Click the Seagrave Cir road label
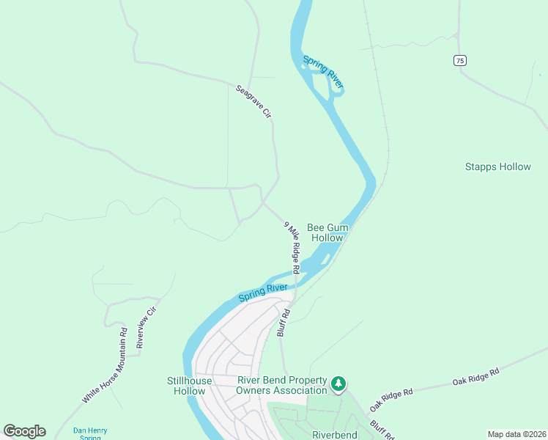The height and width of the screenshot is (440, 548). coord(253,102)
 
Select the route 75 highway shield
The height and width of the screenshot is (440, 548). coord(459,61)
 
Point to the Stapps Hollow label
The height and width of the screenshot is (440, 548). coord(497,166)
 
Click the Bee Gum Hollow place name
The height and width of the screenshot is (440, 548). coord(327,232)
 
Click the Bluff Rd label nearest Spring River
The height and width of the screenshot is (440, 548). coord(284,323)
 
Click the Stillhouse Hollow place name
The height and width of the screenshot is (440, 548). coord(189,386)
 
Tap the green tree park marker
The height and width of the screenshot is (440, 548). coord(338,384)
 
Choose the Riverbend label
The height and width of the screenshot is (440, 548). coord(335,435)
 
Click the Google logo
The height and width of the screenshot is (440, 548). coord(24,431)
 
